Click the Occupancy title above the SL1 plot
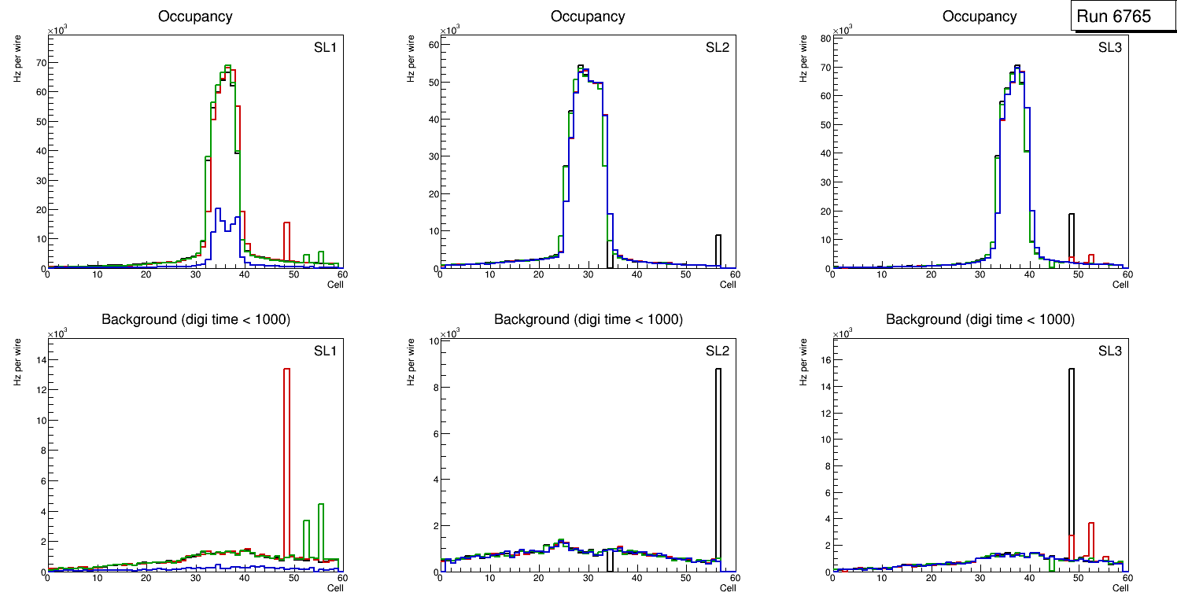pyautogui.click(x=195, y=17)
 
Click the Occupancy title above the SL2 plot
pyautogui.click(x=588, y=17)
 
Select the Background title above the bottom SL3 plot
pyautogui.click(x=980, y=319)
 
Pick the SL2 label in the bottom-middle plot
pyautogui.click(x=718, y=351)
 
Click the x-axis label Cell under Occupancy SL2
pyautogui.click(x=728, y=285)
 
